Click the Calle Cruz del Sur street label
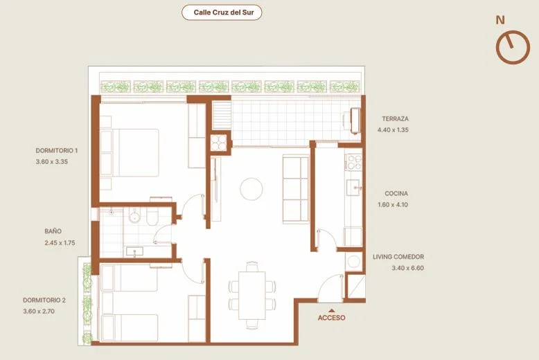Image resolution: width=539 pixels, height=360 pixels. pos(224,12)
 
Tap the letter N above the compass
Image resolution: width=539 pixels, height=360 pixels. pos(500,20)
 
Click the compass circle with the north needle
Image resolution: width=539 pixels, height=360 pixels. pos(513,47)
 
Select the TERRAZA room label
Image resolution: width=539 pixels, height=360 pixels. pos(396,119)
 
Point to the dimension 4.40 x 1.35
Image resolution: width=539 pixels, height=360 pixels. pos(393,130)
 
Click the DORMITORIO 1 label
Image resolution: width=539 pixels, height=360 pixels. pos(57,150)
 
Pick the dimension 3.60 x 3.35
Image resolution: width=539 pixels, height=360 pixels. pos(52,161)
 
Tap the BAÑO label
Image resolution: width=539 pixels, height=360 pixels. pos(53,231)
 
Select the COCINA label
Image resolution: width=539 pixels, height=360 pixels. pos(396,193)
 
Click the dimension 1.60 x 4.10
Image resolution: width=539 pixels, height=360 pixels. pos(393,204)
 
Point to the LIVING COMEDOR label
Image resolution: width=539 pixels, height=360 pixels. pos(398,257)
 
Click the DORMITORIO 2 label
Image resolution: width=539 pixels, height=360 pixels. pos(44,300)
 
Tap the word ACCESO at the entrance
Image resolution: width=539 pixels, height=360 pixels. pos(332,318)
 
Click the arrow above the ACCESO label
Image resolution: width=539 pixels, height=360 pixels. pos(332,310)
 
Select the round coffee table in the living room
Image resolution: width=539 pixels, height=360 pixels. pos(251,188)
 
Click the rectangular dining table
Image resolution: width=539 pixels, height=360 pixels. pos(252,296)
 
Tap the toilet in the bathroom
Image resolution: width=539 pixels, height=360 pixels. pos(152,217)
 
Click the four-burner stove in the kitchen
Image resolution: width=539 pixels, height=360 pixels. pos(354,162)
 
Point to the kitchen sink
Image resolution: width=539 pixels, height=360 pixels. pos(354,188)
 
